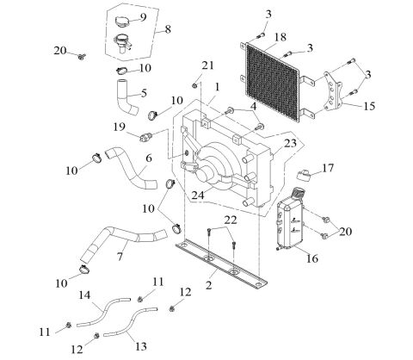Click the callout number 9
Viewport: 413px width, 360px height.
pos(143,17)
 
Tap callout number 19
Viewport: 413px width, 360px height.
pos(120,126)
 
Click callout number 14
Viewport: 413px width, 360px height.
pos(86,295)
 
